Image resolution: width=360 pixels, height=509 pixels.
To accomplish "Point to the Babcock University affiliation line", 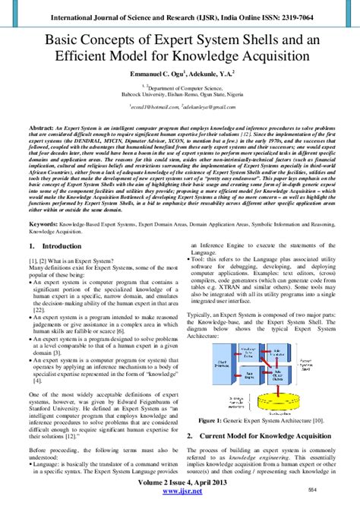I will coord(180,95).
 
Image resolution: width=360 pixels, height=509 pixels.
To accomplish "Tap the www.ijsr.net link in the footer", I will coord(180,502).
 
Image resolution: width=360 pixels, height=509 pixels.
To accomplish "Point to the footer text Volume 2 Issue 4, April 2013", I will coord(180,492).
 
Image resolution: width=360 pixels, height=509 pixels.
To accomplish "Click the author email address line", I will coord(179,108).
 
